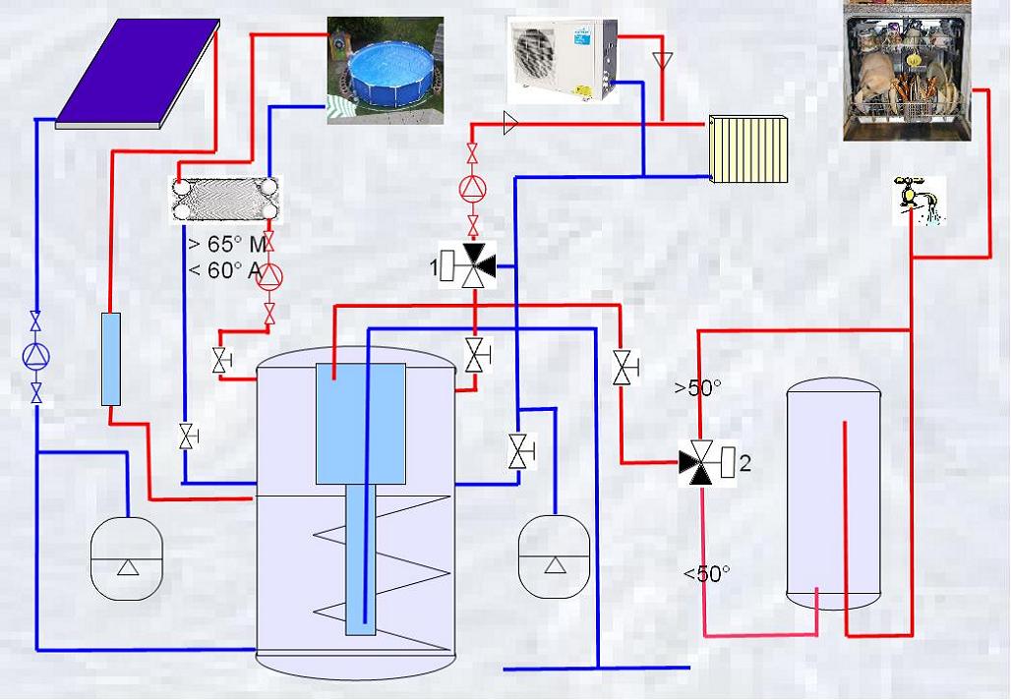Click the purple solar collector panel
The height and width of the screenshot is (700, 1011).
[x=138, y=73]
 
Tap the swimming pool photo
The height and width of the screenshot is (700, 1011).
[x=386, y=70]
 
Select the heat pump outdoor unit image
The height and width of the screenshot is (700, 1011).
[x=563, y=60]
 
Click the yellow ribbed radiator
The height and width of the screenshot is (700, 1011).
[x=748, y=148]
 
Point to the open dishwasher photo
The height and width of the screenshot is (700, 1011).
[x=907, y=71]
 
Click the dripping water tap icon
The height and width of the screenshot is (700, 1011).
[x=919, y=202]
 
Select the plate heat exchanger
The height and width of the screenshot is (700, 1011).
[x=225, y=201]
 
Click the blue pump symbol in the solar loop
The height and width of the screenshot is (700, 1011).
[x=36, y=356]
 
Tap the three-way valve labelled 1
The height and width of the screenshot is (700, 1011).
[x=469, y=265]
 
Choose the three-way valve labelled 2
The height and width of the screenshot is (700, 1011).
[x=707, y=463]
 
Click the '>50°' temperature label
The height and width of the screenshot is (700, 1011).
[x=697, y=387]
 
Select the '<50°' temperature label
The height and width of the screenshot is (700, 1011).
[x=707, y=573]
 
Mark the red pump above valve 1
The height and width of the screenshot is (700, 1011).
[x=473, y=190]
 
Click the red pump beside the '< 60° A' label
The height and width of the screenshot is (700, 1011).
[x=269, y=276]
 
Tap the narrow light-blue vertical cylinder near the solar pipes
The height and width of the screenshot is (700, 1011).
[x=111, y=359]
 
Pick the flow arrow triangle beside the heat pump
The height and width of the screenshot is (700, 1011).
[x=662, y=61]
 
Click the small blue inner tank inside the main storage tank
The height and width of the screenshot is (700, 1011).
[x=360, y=424]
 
